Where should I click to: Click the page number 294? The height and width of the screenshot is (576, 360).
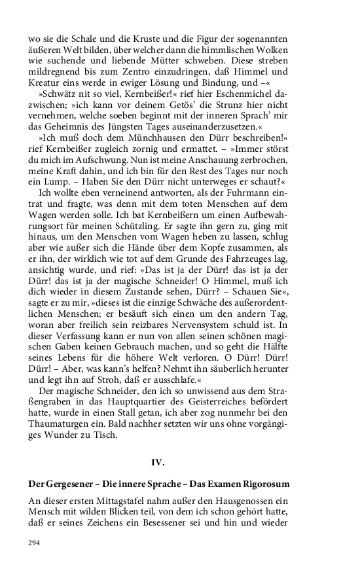[34, 543]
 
